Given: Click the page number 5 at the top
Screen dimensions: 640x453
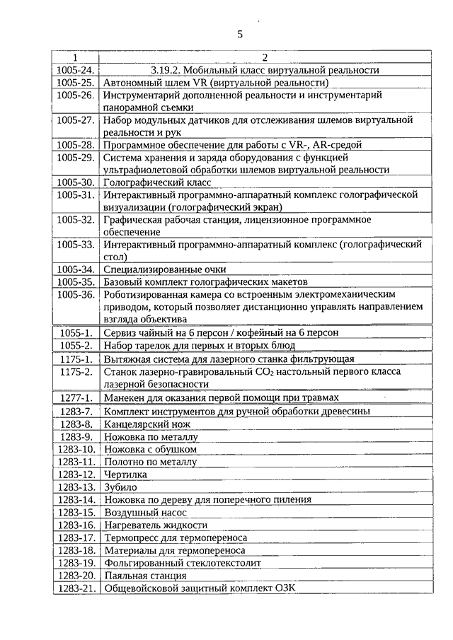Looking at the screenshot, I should (x=239, y=35).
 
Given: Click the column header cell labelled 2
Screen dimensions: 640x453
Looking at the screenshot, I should (x=263, y=57).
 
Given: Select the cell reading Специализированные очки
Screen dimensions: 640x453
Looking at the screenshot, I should (x=165, y=269).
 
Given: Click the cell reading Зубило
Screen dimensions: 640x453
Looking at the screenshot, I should (x=120, y=487).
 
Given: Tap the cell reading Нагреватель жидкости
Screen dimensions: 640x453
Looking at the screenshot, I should (x=156, y=525).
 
